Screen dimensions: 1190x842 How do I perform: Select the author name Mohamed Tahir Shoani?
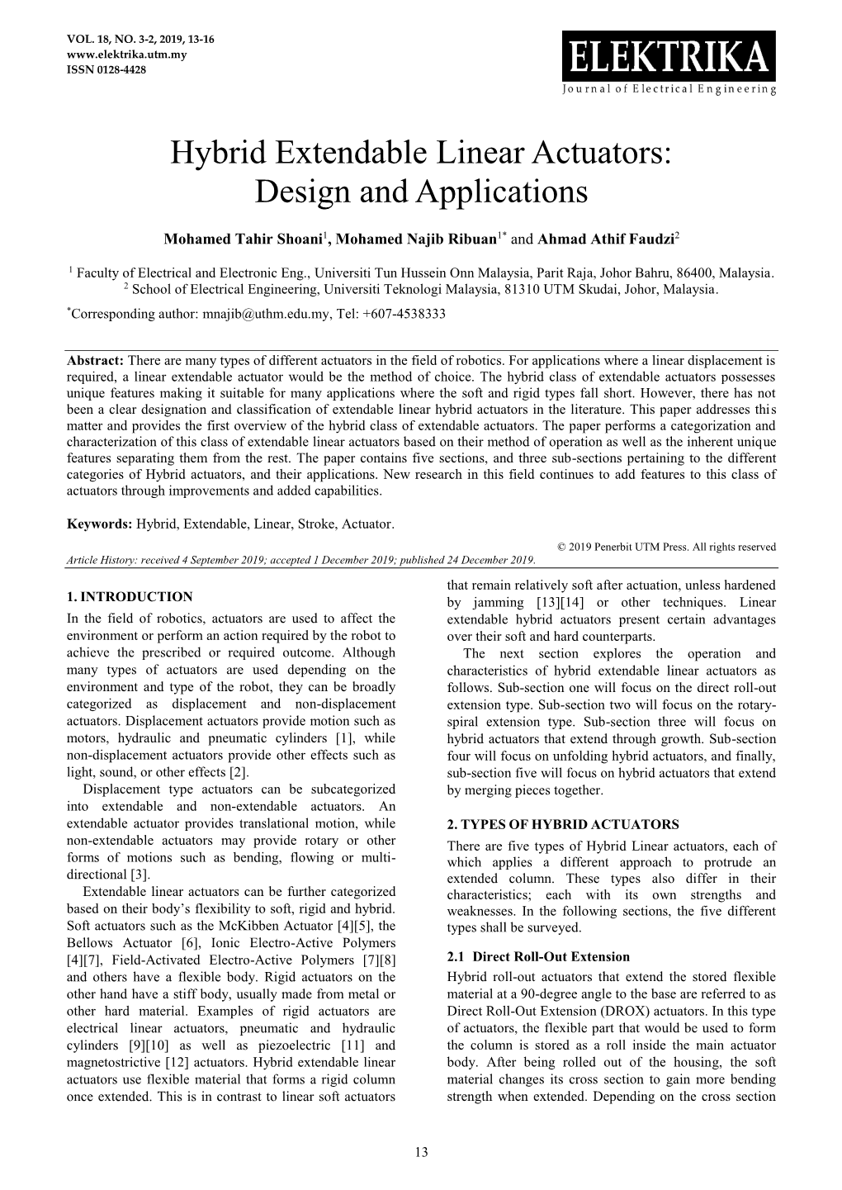click(243, 239)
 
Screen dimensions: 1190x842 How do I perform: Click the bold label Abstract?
click(94, 361)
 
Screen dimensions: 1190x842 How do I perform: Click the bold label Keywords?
click(99, 524)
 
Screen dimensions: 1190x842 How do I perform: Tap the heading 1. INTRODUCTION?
click(129, 596)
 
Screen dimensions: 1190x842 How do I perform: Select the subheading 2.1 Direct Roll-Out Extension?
click(537, 957)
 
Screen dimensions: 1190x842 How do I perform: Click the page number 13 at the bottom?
click(421, 1152)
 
